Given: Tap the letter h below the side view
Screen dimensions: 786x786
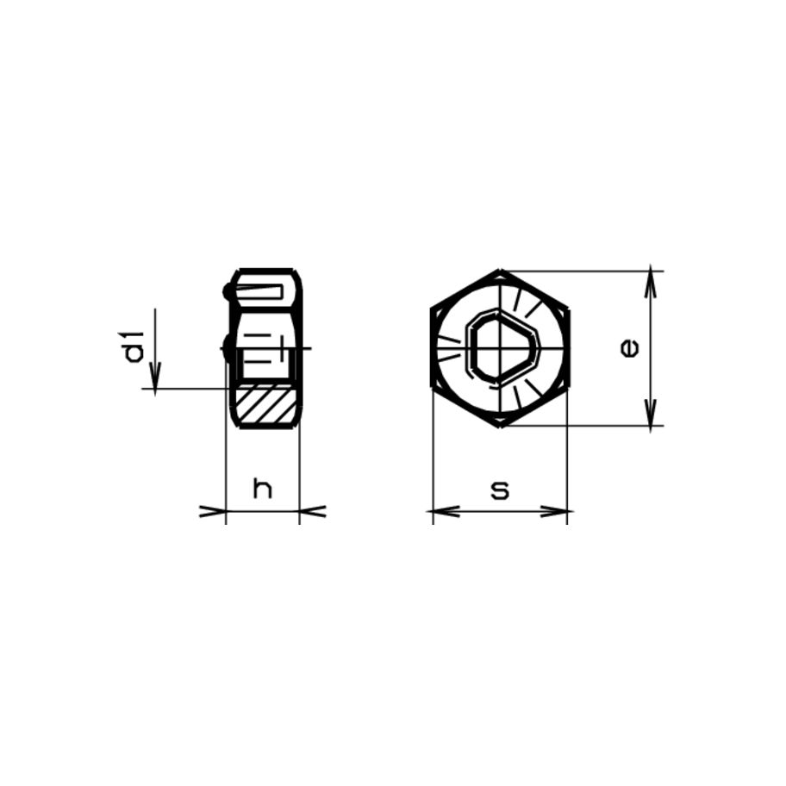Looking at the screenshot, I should click(x=262, y=490).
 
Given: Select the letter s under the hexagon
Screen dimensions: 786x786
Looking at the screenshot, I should click(x=499, y=490).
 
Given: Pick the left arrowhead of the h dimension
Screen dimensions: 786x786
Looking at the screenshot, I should click(x=212, y=512).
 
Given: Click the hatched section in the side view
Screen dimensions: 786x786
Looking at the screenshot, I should click(x=265, y=406).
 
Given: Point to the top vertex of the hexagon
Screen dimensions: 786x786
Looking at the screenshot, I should click(x=499, y=271).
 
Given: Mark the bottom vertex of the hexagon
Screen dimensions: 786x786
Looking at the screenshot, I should click(x=499, y=425).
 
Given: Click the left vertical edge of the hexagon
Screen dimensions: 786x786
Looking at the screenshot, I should click(x=431, y=348).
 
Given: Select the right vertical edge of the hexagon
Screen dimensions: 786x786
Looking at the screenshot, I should click(x=568, y=348).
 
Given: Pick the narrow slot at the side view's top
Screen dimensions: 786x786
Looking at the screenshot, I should click(x=261, y=292).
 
